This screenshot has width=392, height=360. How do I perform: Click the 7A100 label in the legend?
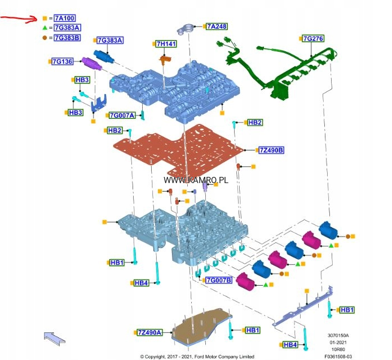[65, 19]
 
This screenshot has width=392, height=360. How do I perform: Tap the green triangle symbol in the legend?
[45, 28]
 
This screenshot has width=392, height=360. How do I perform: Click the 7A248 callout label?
[217, 26]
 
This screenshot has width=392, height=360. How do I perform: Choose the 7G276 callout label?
[313, 38]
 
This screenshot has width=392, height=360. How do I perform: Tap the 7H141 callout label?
[166, 43]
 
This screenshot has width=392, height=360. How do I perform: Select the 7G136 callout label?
[62, 61]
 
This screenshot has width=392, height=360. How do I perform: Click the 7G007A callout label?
[122, 115]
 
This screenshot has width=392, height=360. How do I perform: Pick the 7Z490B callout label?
[271, 150]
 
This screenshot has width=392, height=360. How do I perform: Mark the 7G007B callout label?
[219, 280]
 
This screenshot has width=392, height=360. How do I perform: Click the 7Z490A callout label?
[149, 332]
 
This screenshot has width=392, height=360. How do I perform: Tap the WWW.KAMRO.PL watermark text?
[196, 180]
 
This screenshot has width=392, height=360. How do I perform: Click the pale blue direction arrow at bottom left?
[54, 338]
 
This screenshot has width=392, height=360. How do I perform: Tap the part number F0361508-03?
[338, 356]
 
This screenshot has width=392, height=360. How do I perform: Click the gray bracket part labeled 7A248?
[188, 26]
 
